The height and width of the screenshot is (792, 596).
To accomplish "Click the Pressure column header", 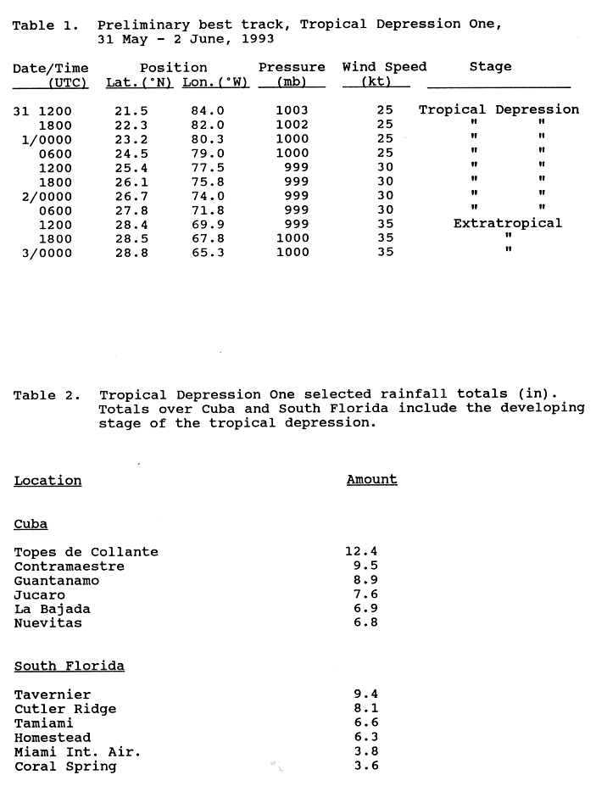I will coord(292,67).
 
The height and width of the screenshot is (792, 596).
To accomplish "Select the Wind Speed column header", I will coord(384,67).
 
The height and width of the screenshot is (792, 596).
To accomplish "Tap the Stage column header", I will coord(490,67).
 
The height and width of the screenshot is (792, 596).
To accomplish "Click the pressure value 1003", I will coord(292,110).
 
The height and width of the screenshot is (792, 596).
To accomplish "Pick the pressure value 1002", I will coord(292,125).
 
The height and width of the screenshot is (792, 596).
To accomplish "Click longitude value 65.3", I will coord(208,253).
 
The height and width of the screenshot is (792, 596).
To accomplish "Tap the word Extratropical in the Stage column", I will coord(507,224).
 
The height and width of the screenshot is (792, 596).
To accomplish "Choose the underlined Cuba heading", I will coord(31,524).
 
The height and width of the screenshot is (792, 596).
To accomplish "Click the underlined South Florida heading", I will coord(69,666).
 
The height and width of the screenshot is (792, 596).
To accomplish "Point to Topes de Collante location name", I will coord(86,552).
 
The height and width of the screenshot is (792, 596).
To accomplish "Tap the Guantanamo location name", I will coord(56,581).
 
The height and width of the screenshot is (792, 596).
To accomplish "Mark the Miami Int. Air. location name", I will coord(77,752).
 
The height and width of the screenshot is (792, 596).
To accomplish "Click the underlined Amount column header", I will coord(371,480).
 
